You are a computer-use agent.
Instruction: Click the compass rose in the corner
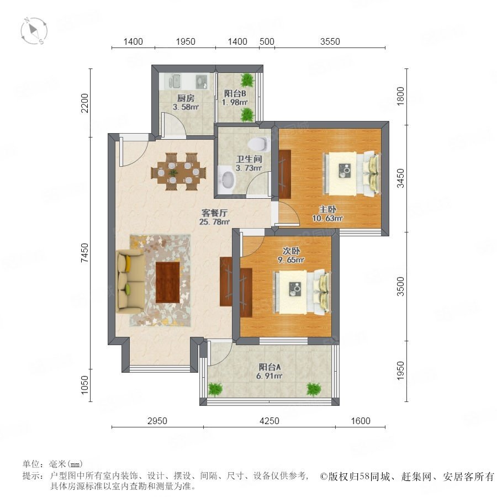[x=34, y=31]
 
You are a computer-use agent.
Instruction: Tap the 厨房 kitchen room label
[x=186, y=98]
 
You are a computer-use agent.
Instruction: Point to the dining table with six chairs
[x=179, y=172]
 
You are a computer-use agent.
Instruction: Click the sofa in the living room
[x=130, y=281]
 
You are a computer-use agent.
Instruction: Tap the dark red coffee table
[x=168, y=282]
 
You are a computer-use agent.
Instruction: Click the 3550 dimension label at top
[x=330, y=41]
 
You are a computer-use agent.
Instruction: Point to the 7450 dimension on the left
[x=84, y=252]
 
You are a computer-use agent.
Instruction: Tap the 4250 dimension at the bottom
[x=269, y=421]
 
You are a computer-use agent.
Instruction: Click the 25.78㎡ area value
[x=215, y=222]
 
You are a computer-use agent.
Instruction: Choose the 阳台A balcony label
[x=269, y=367]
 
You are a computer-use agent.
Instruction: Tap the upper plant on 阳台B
[x=247, y=80]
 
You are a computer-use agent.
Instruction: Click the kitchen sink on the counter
[x=173, y=82]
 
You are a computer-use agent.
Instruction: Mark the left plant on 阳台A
[x=215, y=389]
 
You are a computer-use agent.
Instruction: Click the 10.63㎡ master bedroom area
[x=327, y=218]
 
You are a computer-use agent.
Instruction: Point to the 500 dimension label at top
[x=267, y=41]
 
